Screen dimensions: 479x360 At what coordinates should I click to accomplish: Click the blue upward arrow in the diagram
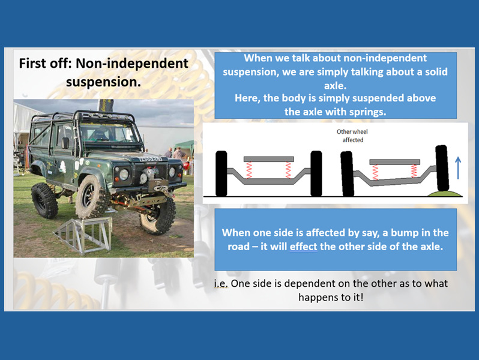coord(457,167)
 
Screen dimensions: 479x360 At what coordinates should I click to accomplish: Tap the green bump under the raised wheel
coord(444,193)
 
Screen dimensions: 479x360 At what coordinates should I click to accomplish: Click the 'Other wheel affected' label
coord(352,136)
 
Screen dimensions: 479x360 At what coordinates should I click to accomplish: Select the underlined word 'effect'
coord(303,247)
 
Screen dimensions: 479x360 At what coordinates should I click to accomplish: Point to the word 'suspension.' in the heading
coord(104,82)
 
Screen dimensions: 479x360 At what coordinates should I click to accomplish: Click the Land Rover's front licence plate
coord(150,159)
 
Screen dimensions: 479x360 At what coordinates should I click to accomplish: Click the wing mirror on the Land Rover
coord(65,143)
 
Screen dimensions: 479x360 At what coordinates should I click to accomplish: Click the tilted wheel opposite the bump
coord(347,173)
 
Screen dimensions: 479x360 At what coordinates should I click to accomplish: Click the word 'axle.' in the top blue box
coord(335,86)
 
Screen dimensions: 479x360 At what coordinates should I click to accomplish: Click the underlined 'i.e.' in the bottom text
coord(221,284)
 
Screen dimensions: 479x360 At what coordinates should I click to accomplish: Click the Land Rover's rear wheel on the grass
coord(44,200)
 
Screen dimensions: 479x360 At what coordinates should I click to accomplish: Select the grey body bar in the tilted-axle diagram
coord(395,162)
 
